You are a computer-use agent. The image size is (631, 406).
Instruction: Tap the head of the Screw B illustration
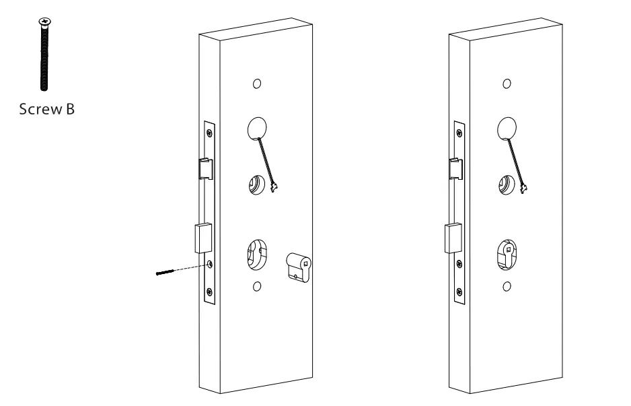point(45,24)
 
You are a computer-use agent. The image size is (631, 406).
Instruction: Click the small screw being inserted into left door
point(164,273)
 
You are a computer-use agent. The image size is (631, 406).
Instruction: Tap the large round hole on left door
point(259,127)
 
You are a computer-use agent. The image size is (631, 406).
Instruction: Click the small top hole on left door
point(256,85)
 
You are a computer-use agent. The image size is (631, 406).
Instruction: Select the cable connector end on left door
point(274,185)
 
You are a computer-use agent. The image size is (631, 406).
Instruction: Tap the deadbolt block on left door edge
point(202,238)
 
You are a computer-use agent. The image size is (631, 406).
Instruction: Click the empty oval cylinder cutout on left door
point(256,255)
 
